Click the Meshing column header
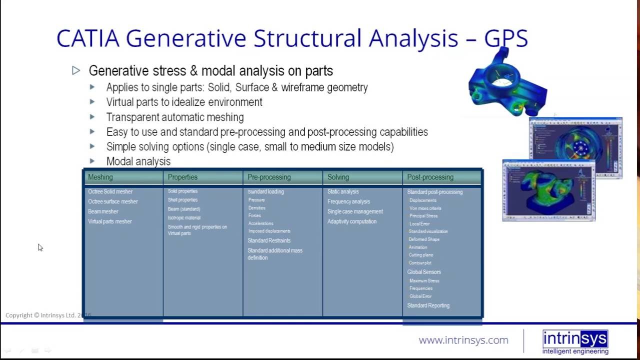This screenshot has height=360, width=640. coord(100,177)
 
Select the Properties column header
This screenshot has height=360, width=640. coord(182,177)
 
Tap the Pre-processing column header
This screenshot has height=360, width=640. coord(269,177)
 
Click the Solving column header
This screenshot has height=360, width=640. coord(338,177)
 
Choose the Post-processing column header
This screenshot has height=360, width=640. coord(430,177)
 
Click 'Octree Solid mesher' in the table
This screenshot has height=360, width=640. coord(110,191)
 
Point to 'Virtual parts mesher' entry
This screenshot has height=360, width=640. coord(110,221)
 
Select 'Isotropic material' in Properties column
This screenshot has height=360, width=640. coord(184,218)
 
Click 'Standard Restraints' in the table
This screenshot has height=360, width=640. coord(269,240)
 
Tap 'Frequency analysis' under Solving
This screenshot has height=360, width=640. coord(348,201)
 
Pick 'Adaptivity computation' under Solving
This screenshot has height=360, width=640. coord(352,221)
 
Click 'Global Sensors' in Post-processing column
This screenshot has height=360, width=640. coord(424,272)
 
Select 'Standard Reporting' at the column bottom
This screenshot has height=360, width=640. coord(428,305)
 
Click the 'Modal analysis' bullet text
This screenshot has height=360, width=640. coord(138,161)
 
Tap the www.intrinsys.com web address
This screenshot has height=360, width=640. coord(463,340)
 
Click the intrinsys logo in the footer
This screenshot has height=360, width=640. coord(575,342)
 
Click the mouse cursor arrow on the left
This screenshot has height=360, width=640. coord(40,247)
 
